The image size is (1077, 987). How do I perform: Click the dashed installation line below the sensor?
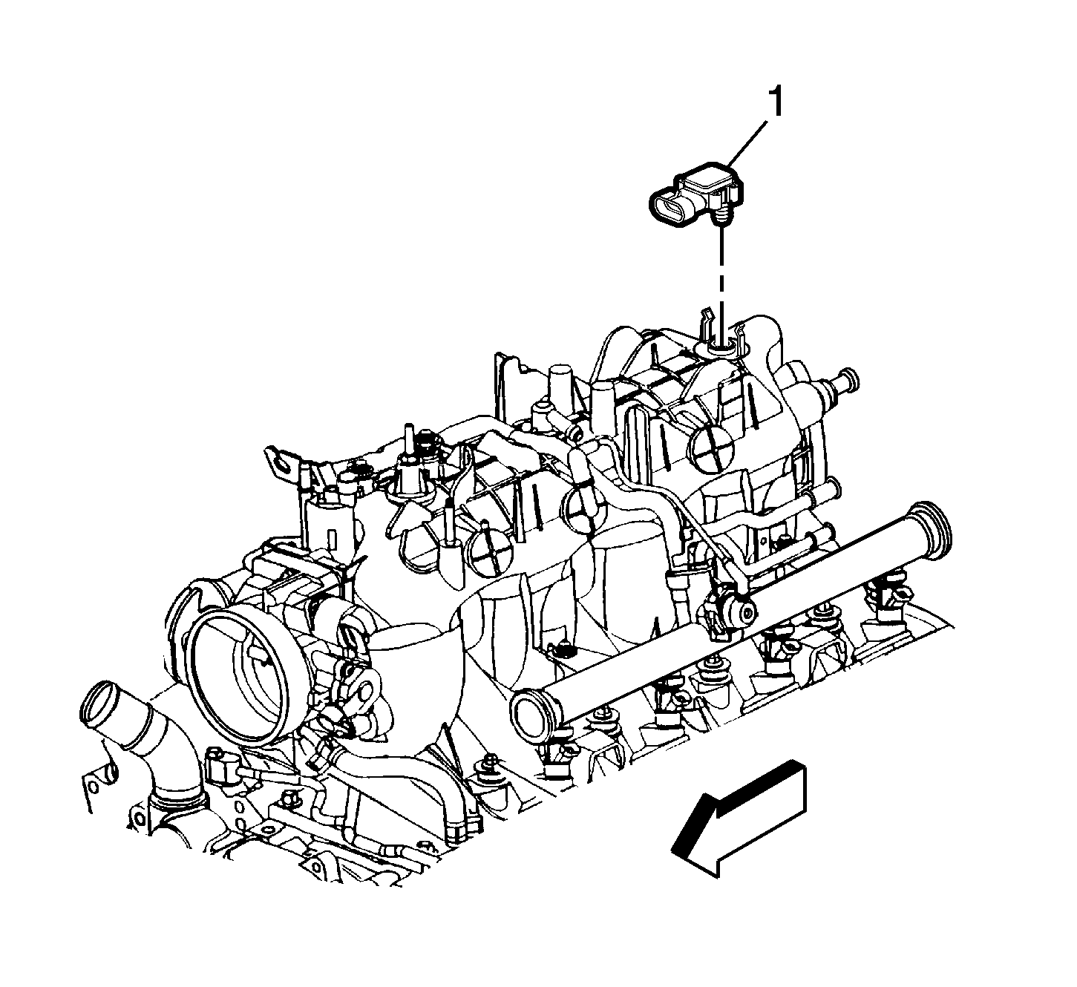(x=718, y=275)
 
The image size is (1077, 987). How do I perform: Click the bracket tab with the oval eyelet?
(x=282, y=462)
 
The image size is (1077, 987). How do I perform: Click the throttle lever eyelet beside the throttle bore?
(x=364, y=692)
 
